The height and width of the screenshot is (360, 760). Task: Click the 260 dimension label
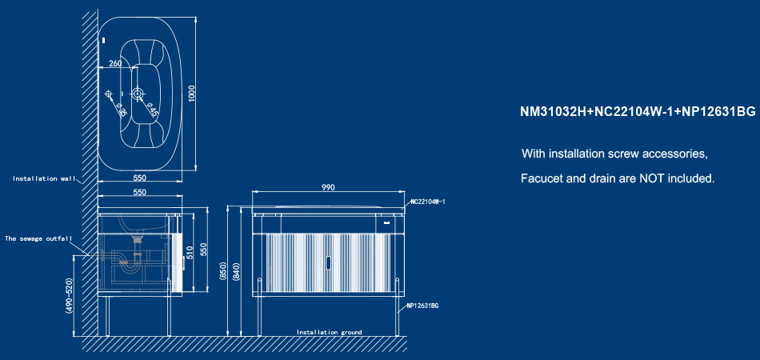115,63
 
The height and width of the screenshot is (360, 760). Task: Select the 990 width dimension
328,187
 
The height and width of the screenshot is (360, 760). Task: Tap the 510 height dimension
190,253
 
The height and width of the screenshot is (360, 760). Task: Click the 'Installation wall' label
44,178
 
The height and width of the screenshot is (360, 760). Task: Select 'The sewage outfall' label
38,238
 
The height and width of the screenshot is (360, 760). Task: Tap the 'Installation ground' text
329,332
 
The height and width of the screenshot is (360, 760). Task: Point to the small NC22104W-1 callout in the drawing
427,202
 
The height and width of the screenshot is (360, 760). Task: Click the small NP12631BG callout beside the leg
422,306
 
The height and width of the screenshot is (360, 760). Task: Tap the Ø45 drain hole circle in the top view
138,94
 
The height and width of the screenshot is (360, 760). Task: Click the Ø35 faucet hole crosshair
109,94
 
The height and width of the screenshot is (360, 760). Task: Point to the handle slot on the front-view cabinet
328,263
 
